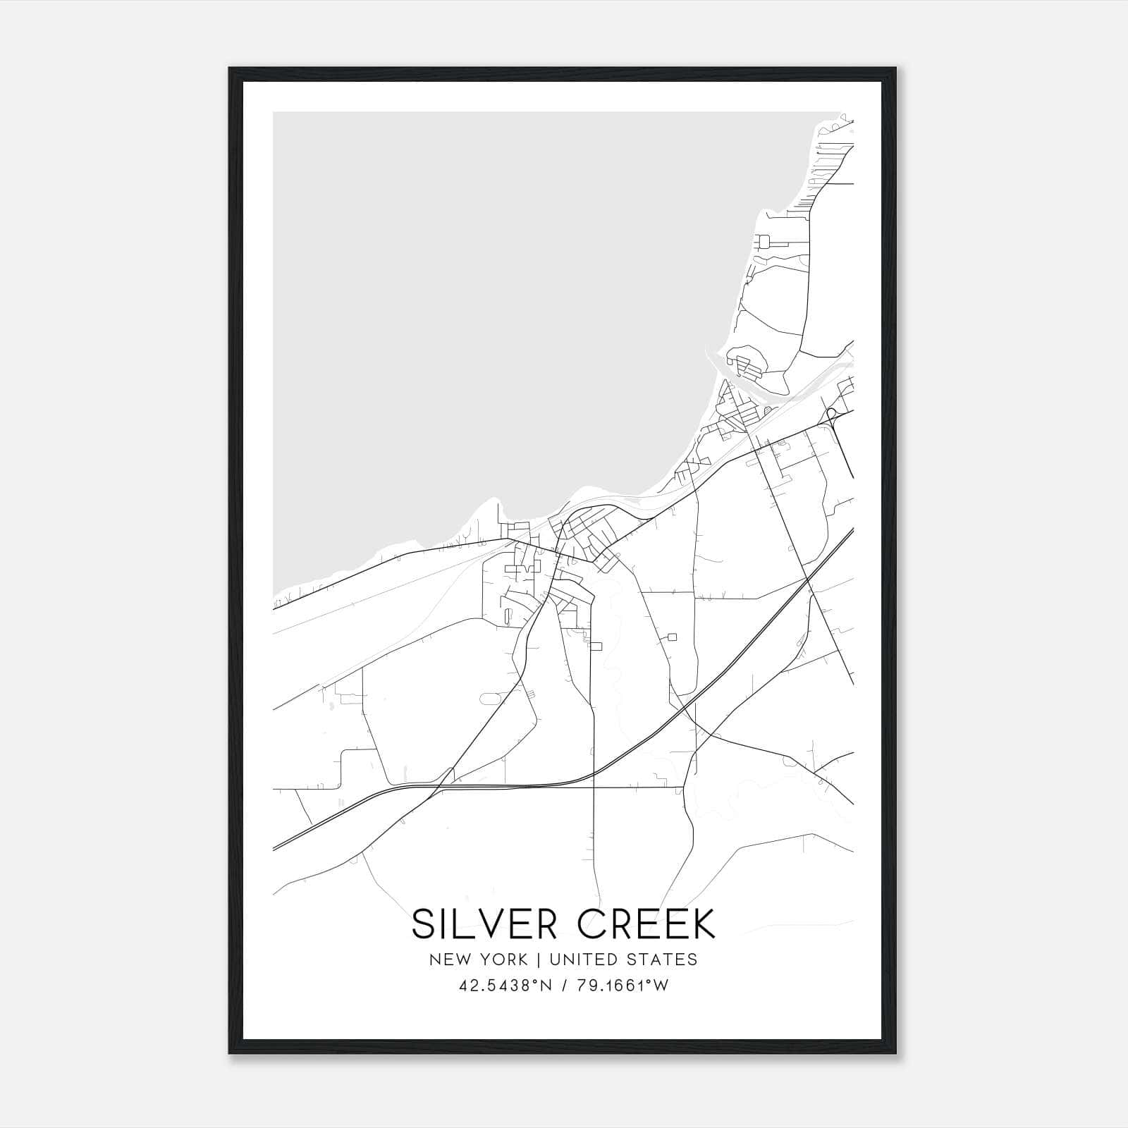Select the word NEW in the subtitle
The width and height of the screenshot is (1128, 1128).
[446, 960]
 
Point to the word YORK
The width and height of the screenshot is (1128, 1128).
[502, 960]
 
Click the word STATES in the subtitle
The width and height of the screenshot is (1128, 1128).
[663, 960]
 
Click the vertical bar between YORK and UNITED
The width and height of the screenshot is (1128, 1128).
[538, 960]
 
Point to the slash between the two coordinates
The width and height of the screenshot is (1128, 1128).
[563, 986]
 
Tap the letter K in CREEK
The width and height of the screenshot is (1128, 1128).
[702, 924]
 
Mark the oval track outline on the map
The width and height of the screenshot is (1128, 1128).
[490, 698]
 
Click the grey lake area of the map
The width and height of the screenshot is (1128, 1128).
[493, 317]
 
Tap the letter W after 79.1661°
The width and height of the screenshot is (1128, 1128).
[661, 986]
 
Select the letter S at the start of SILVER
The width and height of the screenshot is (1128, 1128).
[423, 924]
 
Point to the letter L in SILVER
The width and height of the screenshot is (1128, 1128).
[462, 924]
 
